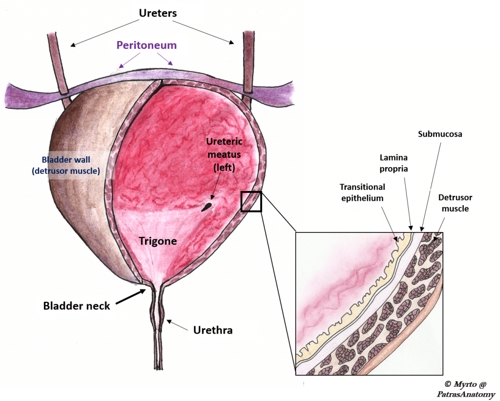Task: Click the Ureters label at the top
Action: (x=158, y=13)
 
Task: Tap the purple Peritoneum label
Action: (x=146, y=45)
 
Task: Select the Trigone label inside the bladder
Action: (x=157, y=241)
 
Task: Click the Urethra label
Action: (x=213, y=330)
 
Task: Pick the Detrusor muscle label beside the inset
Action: (x=455, y=203)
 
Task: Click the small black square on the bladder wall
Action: (x=251, y=201)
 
